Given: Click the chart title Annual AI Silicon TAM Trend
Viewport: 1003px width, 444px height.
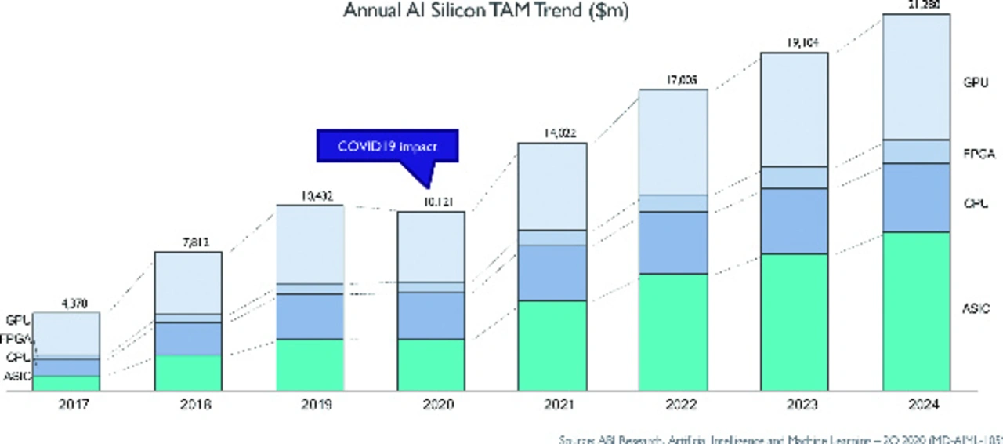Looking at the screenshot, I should [x=486, y=12].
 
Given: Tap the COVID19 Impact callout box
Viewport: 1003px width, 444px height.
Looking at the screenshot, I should [x=386, y=147].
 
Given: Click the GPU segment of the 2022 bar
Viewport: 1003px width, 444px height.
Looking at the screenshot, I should [x=673, y=141].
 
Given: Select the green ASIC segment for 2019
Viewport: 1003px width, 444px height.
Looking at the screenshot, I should [x=310, y=365].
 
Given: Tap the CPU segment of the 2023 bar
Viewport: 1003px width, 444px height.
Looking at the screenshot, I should [x=794, y=220].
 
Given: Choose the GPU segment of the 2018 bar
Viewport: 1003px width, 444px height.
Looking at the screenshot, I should [x=188, y=282].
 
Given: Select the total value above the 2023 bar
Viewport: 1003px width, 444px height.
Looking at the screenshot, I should [x=794, y=43].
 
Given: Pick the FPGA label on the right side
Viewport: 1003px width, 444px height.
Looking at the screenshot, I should [x=978, y=154].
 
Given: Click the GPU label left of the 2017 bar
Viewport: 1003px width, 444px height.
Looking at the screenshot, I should [x=17, y=320].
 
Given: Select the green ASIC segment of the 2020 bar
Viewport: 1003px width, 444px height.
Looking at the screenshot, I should [x=431, y=365].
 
